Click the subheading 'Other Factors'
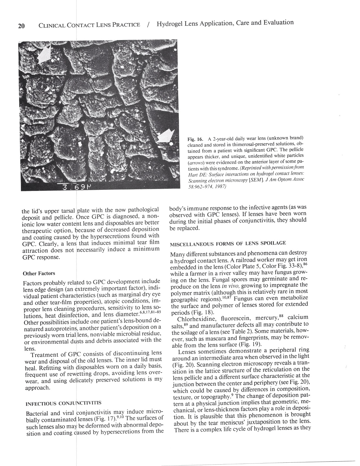(x=39, y=273)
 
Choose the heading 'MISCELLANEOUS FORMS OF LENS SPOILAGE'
(x=228, y=243)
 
